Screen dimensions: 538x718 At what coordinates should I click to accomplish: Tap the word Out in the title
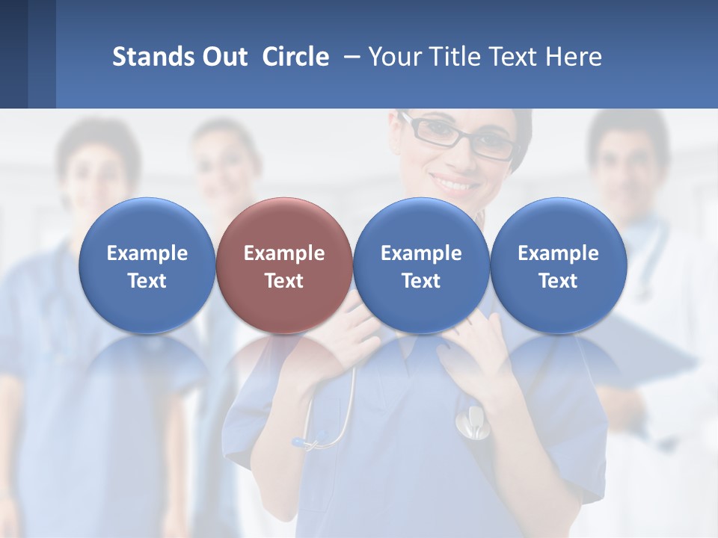coord(223,57)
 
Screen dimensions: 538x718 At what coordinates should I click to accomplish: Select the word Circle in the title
coord(295,57)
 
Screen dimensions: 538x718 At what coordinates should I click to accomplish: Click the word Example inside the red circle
coord(284,253)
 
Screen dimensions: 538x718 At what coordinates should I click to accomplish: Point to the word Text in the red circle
coord(284,281)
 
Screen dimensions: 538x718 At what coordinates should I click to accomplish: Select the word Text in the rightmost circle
coord(559,281)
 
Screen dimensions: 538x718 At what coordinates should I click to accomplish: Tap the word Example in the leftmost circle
coord(147,253)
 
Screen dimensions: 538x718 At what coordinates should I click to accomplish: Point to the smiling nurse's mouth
coord(455,182)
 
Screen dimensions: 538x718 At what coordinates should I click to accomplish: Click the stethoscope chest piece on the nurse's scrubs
coord(470,423)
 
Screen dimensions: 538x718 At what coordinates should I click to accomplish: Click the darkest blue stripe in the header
coord(13,54)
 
